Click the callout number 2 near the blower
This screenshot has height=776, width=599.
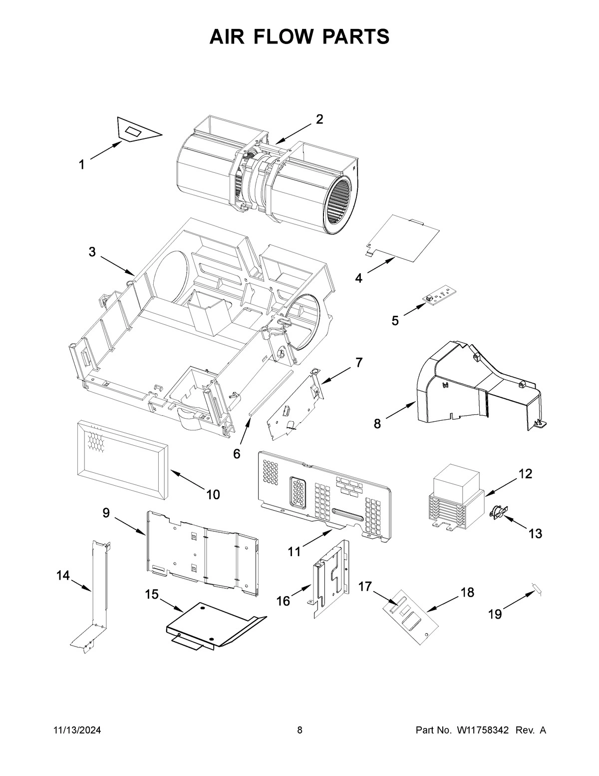319,119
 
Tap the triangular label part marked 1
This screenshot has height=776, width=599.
136,131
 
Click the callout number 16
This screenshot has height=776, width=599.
283,601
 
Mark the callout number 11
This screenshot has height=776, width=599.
295,551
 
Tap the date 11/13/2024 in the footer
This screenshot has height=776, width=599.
77,731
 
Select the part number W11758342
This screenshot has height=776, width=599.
482,731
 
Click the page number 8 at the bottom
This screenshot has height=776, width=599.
299,731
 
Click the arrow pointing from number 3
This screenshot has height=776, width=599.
117,265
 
